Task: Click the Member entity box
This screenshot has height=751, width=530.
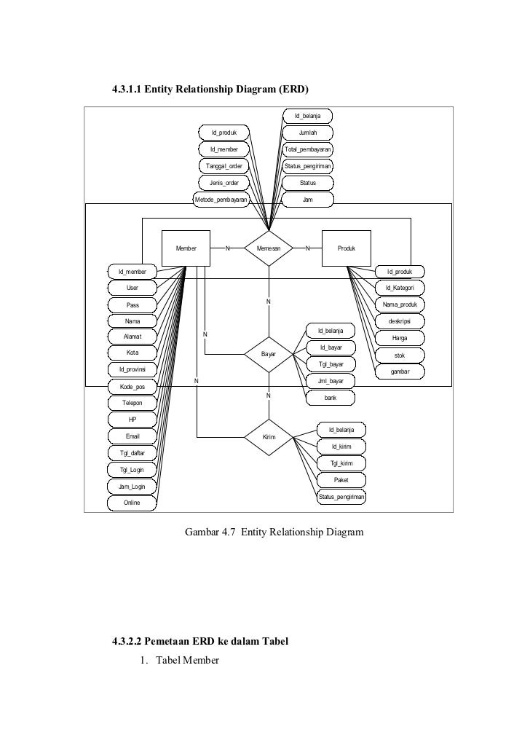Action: click(x=186, y=248)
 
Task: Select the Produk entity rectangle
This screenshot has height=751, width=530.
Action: click(x=347, y=248)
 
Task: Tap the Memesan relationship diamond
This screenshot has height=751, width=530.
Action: click(x=268, y=248)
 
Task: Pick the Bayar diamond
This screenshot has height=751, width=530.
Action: click(x=269, y=354)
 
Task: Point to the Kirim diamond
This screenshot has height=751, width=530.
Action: click(x=269, y=437)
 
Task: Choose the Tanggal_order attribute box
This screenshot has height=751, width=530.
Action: click(x=224, y=166)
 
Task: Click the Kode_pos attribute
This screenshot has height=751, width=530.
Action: click(x=132, y=386)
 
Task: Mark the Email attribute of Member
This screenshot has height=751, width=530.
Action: click(x=132, y=436)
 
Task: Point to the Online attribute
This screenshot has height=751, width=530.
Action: click(x=132, y=503)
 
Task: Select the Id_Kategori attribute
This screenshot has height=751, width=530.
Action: click(x=400, y=288)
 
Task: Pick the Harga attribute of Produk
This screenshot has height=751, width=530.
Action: click(x=400, y=338)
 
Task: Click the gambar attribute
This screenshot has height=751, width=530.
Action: click(x=400, y=371)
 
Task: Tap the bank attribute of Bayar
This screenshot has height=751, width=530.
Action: click(x=331, y=398)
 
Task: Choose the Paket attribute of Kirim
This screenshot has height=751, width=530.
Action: click(x=341, y=480)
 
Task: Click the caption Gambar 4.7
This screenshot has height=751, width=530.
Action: click(x=274, y=532)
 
